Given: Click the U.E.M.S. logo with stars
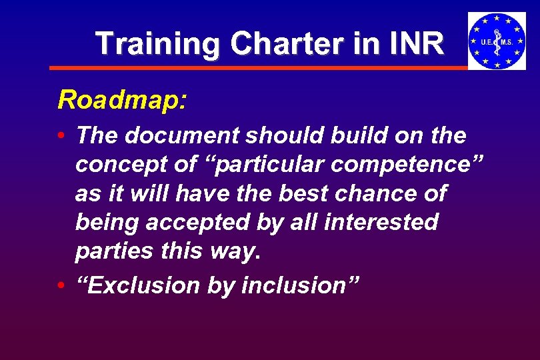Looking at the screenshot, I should click(x=496, y=41).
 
